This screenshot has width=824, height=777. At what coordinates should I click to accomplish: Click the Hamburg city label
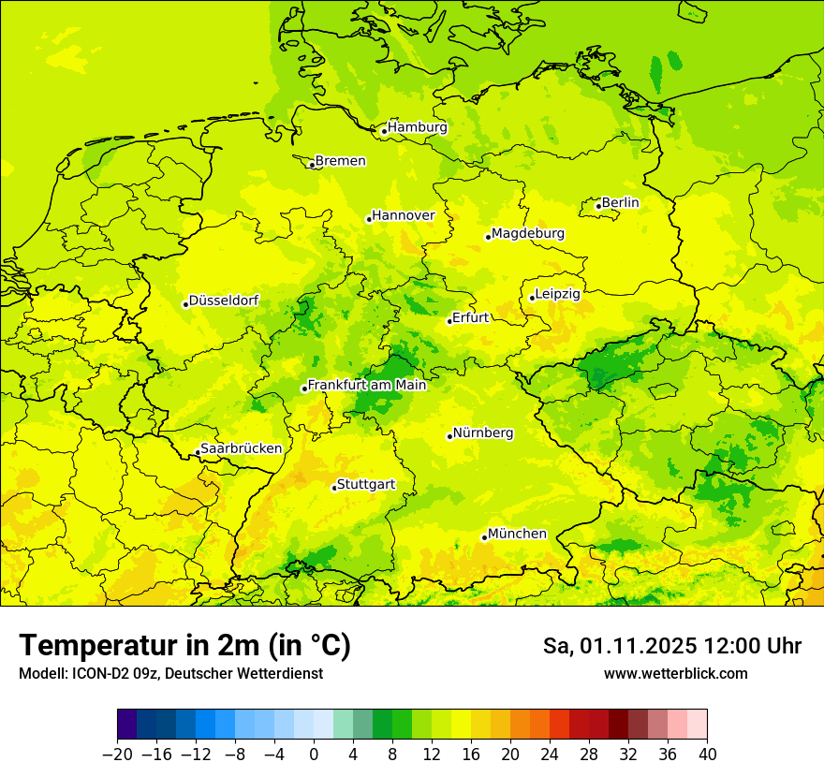pyautogui.click(x=418, y=127)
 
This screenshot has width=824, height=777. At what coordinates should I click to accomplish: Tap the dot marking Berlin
pyautogui.click(x=598, y=206)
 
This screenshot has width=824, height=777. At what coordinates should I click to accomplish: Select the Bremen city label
pyautogui.click(x=340, y=161)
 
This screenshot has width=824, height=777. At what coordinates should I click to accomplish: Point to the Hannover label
pyautogui.click(x=404, y=216)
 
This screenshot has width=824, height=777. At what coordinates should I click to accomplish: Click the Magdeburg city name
pyautogui.click(x=528, y=233)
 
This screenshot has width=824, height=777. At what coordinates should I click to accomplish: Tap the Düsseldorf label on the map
pyautogui.click(x=224, y=301)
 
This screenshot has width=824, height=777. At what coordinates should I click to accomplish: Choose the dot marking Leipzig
pyautogui.click(x=532, y=298)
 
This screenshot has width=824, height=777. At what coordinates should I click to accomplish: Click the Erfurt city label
pyautogui.click(x=470, y=317)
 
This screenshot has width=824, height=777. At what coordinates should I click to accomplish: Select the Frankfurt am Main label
pyautogui.click(x=367, y=385)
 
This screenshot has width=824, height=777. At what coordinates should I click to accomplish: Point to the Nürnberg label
pyautogui.click(x=483, y=433)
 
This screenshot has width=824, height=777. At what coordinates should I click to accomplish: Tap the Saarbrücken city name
pyautogui.click(x=242, y=448)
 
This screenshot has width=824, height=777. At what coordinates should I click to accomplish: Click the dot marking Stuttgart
pyautogui.click(x=334, y=488)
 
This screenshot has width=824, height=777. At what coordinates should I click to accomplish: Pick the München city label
pyautogui.click(x=517, y=534)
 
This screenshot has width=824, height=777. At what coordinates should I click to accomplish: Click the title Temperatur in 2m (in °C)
pyautogui.click(x=184, y=646)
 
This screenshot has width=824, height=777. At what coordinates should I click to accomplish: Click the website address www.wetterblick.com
pyautogui.click(x=675, y=674)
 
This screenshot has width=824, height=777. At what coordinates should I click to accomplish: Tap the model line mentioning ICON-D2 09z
pyautogui.click(x=170, y=674)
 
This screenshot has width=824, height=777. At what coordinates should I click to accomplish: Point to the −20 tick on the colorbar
pyautogui.click(x=118, y=755)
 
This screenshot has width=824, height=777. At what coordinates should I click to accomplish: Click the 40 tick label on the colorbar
pyautogui.click(x=707, y=755)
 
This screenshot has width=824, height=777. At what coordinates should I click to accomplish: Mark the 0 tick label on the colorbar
pyautogui.click(x=314, y=755)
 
